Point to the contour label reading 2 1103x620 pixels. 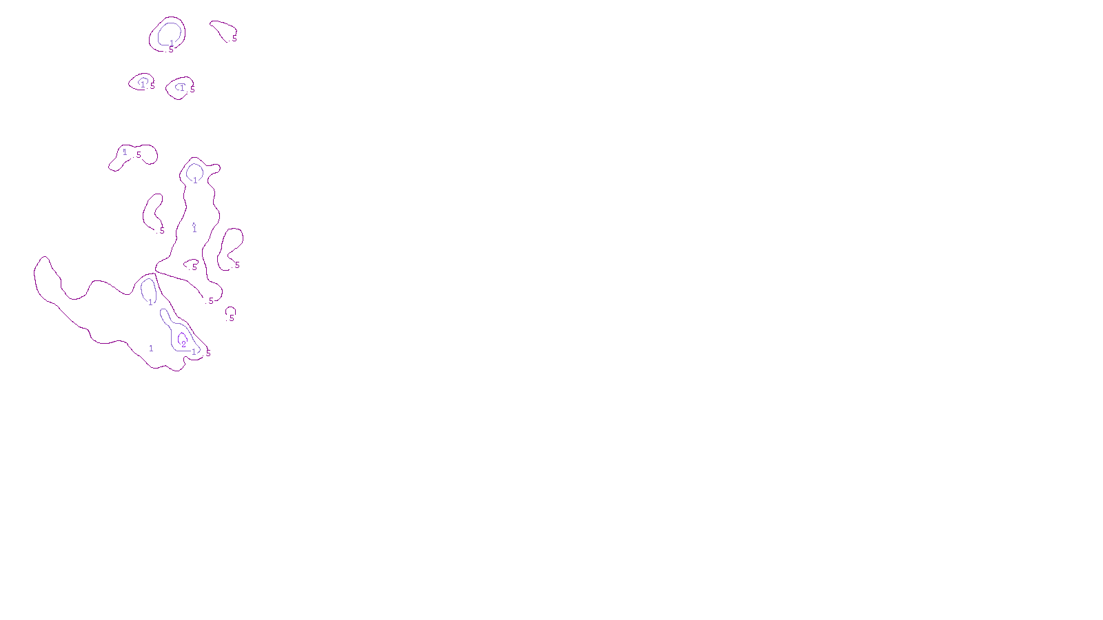183,343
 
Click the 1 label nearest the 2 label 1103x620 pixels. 194,351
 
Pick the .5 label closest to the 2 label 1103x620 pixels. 208,353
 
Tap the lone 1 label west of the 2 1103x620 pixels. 151,349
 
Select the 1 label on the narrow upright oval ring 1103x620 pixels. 150,302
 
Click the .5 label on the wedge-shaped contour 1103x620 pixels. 234,39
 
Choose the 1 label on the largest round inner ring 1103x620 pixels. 172,43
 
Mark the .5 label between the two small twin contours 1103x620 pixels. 152,86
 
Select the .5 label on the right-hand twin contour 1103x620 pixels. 192,90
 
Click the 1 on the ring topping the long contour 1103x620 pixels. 195,180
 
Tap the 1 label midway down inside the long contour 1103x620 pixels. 194,229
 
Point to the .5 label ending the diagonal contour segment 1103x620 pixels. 210,301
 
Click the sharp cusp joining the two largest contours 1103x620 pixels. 156,273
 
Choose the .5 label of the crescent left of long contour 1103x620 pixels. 162,231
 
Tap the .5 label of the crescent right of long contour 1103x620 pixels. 236,265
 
